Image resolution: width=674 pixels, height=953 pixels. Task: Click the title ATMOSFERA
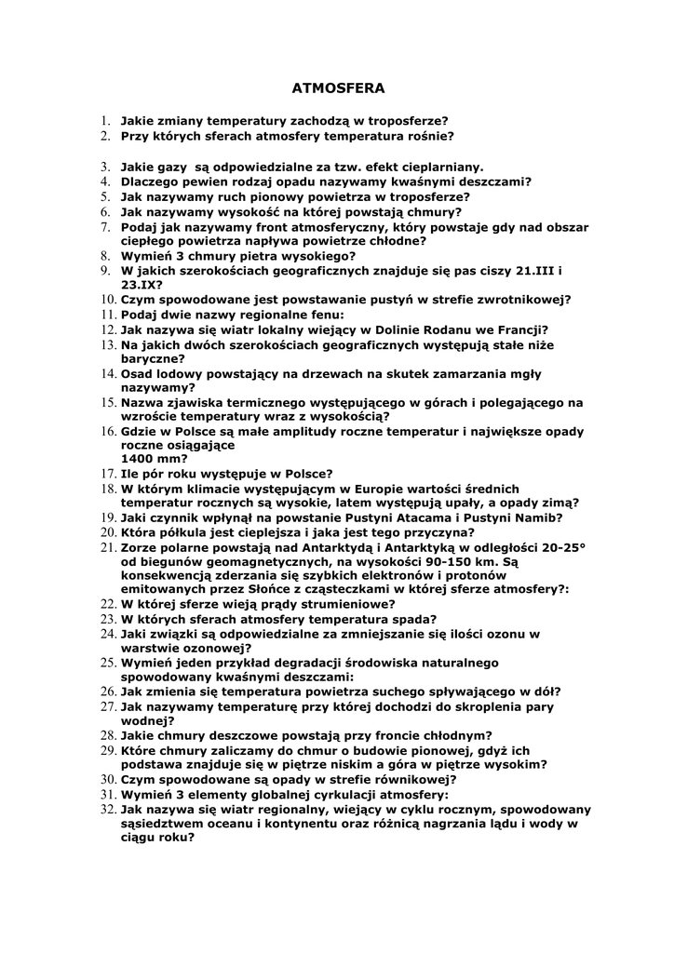click(x=338, y=88)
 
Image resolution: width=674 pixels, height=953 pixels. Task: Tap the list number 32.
click(x=106, y=810)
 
